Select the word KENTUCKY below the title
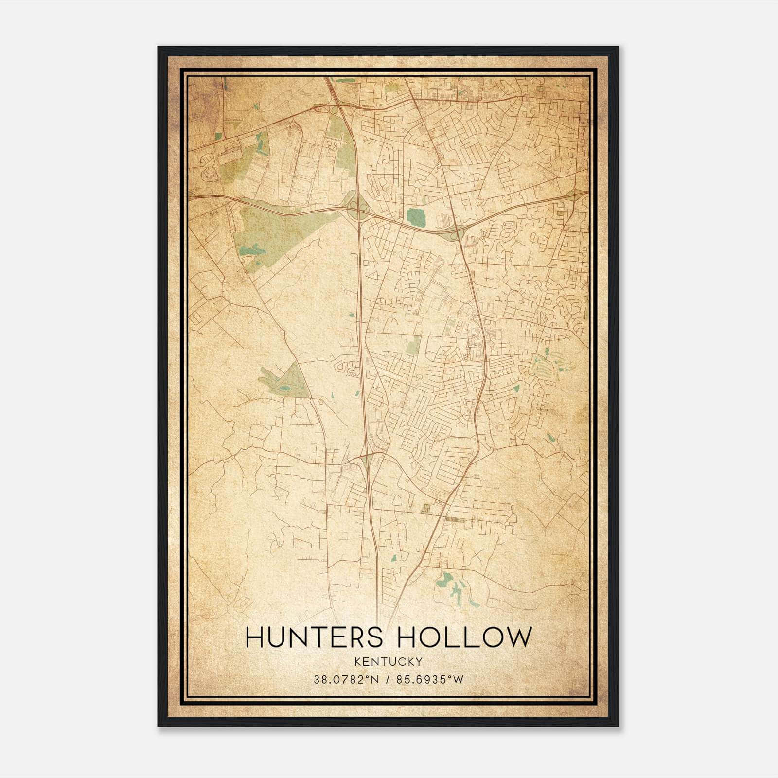388,661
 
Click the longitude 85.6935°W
430,679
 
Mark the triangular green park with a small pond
287,382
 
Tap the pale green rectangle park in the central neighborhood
413,345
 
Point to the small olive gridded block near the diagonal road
426,509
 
